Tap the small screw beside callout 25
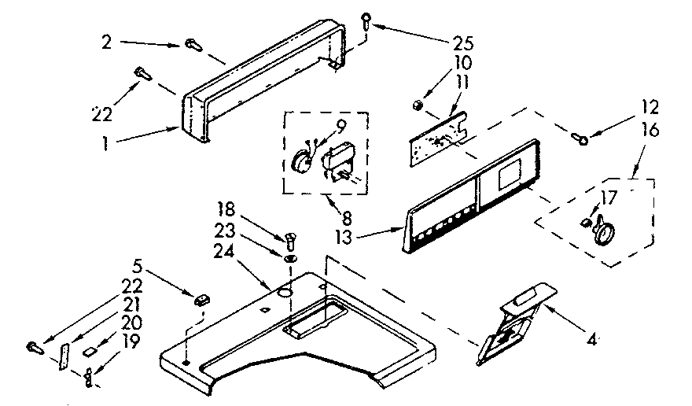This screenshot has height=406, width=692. tap(366, 21)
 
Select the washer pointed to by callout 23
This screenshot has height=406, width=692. tap(290, 257)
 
